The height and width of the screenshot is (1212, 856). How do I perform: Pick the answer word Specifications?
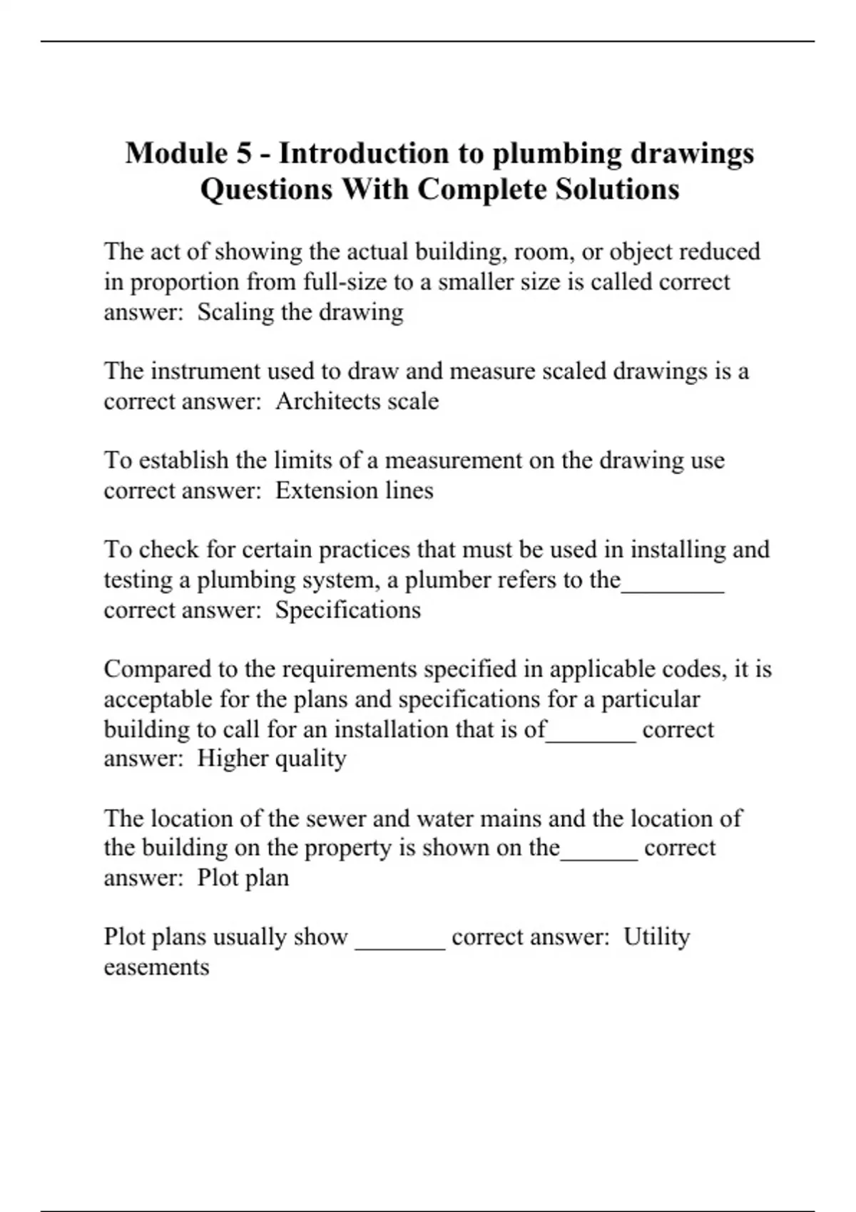pyautogui.click(x=348, y=610)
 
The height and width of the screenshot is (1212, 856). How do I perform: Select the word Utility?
pyautogui.click(x=656, y=937)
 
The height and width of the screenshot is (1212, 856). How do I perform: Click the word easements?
pyautogui.click(x=156, y=967)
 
